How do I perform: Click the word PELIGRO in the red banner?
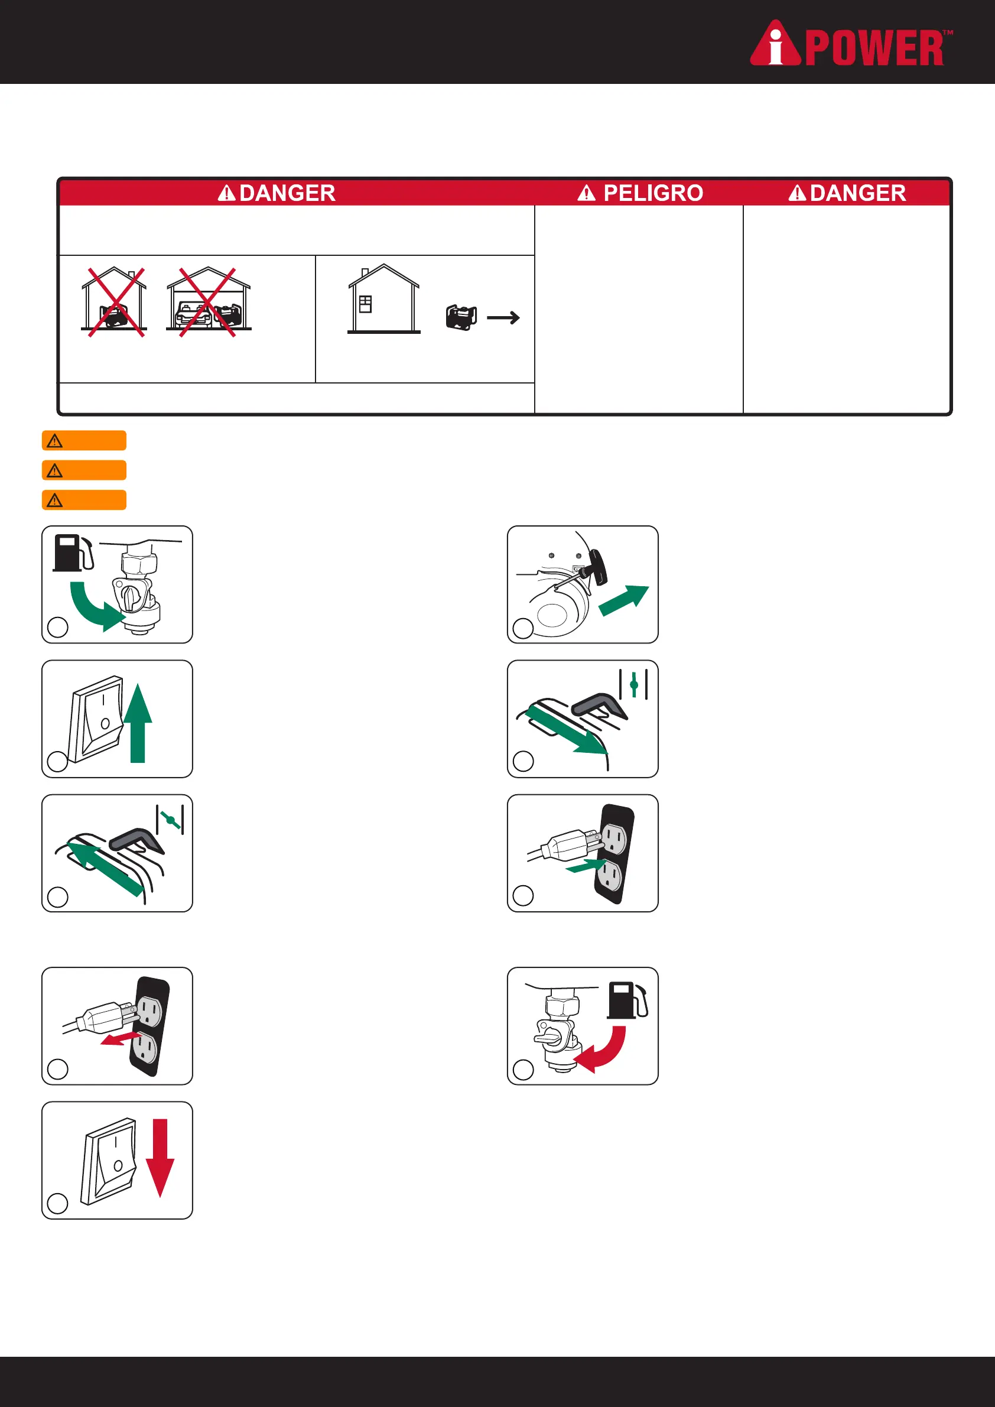pyautogui.click(x=652, y=193)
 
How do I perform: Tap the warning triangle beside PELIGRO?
pyautogui.click(x=586, y=194)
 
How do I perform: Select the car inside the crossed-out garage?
pyautogui.click(x=193, y=314)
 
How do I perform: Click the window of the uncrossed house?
pyautogui.click(x=365, y=304)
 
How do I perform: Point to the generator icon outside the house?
pyautogui.click(x=461, y=317)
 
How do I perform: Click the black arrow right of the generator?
pyautogui.click(x=503, y=317)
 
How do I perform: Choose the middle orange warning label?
pyautogui.click(x=84, y=470)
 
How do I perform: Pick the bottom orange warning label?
pyautogui.click(x=84, y=500)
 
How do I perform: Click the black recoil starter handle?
pyautogui.click(x=598, y=567)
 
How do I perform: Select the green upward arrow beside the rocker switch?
pyautogui.click(x=138, y=723)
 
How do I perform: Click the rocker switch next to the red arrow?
pyautogui.click(x=109, y=1160)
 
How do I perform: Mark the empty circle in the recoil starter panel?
pyautogui.click(x=523, y=628)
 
